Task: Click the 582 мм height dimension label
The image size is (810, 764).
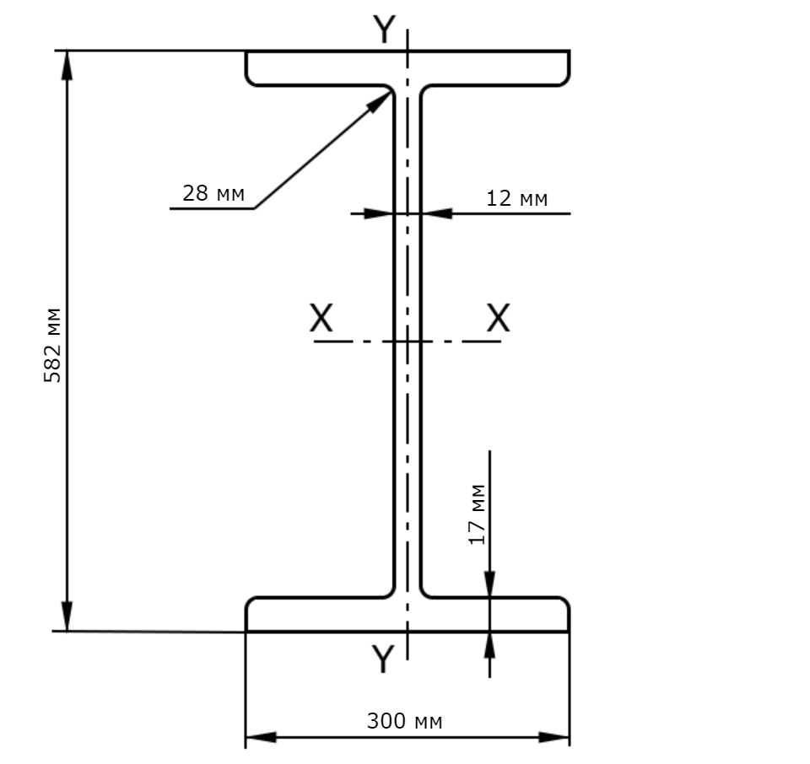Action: click(52, 346)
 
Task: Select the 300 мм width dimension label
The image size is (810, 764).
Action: click(404, 721)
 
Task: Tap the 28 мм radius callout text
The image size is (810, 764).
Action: click(213, 193)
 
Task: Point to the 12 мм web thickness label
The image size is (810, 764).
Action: click(516, 198)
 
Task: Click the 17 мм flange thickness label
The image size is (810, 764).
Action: click(478, 514)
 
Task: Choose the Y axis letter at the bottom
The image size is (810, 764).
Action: click(383, 659)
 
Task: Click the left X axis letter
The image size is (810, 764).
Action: click(321, 317)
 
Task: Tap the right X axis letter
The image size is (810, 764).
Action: click(499, 317)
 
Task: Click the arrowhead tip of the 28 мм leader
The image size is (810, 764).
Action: click(391, 91)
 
